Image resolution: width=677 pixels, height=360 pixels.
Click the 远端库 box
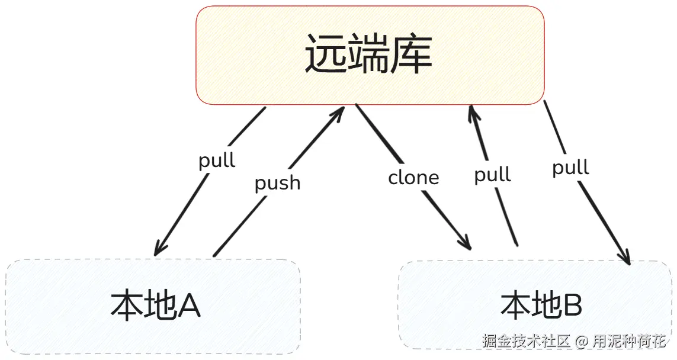(x=370, y=55)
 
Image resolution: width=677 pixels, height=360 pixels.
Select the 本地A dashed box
(x=153, y=307)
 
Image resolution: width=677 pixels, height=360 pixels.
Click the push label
(x=277, y=183)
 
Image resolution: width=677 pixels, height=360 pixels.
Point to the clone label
(x=413, y=178)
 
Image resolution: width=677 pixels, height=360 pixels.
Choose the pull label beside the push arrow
(x=217, y=160)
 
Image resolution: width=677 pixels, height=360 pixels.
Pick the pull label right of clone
(x=492, y=175)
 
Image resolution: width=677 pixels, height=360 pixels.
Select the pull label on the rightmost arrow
(x=570, y=168)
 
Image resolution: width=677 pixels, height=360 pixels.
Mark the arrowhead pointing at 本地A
(x=158, y=250)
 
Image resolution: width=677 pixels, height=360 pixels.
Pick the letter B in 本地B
(x=572, y=306)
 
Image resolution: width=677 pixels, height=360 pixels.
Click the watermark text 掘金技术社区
(x=526, y=342)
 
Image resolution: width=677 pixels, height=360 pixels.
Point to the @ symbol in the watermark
(x=582, y=342)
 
